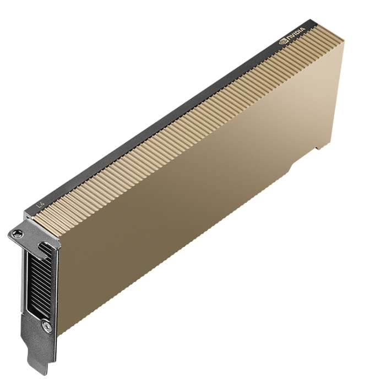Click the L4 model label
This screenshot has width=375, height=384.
39,205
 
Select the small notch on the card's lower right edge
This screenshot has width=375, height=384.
318,148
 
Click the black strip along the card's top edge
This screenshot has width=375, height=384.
165,118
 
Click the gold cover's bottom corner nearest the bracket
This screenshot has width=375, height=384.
59,333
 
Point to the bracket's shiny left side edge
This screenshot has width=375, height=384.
22,286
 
